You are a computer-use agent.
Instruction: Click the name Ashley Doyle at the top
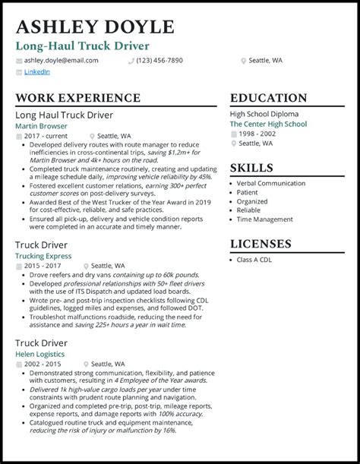click(x=95, y=27)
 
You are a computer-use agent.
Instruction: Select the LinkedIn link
click(x=37, y=72)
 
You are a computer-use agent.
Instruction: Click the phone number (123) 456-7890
click(x=159, y=60)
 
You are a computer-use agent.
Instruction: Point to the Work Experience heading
click(x=78, y=98)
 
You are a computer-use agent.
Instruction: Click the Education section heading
click(x=268, y=98)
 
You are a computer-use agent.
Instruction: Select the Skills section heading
click(x=252, y=168)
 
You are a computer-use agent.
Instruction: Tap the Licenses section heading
click(x=261, y=244)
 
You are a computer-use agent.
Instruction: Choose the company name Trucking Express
click(x=43, y=256)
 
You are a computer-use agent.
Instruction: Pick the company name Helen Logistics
click(x=40, y=354)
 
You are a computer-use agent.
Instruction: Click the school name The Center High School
click(x=268, y=124)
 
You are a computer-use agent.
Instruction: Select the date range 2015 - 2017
click(x=43, y=266)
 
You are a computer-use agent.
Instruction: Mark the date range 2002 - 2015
click(x=43, y=364)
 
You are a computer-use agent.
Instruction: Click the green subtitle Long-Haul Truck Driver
click(x=83, y=46)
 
